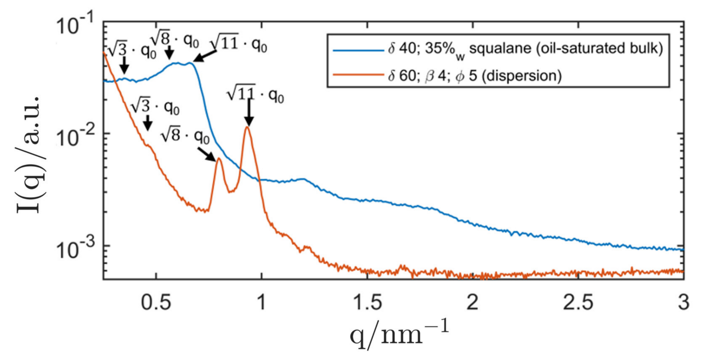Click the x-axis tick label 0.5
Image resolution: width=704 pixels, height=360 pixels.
(156, 303)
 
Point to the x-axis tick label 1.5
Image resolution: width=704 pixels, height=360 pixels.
(367, 303)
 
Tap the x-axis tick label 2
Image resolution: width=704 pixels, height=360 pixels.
(473, 303)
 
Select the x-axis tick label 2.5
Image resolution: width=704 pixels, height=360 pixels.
(578, 303)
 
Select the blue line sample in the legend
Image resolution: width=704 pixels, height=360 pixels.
(358, 50)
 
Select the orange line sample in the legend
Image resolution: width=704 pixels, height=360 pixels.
(358, 75)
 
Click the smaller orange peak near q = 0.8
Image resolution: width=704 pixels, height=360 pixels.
(219, 159)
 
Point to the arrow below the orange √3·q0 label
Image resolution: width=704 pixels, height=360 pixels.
(148, 123)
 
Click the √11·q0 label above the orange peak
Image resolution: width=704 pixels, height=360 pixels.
(255, 94)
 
